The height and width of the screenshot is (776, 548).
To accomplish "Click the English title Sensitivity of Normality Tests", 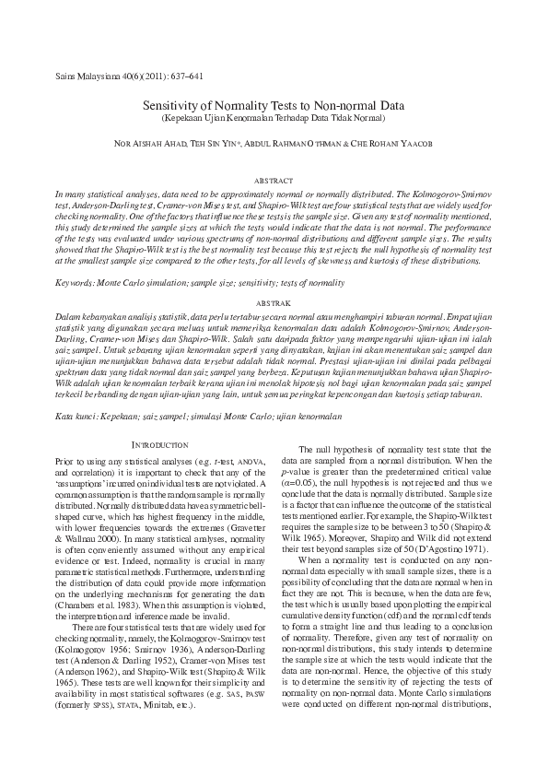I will [273, 107].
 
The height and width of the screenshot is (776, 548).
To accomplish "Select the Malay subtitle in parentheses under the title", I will [273, 119].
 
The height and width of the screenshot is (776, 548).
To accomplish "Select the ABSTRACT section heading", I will [273, 182].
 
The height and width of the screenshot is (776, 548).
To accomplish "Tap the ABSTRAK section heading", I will [273, 302].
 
